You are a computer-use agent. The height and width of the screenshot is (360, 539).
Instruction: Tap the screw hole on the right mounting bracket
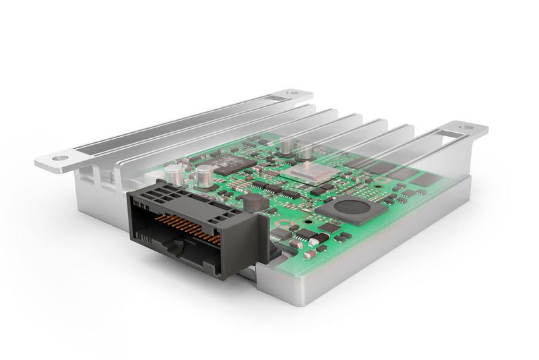(x=465, y=127)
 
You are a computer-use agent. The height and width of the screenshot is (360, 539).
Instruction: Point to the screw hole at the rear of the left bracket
(x=290, y=93)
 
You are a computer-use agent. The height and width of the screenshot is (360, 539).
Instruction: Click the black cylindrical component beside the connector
(x=252, y=204)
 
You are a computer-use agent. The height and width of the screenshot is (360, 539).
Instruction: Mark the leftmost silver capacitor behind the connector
(x=174, y=173)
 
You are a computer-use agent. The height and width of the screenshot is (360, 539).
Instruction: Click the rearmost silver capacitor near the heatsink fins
(x=288, y=146)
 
